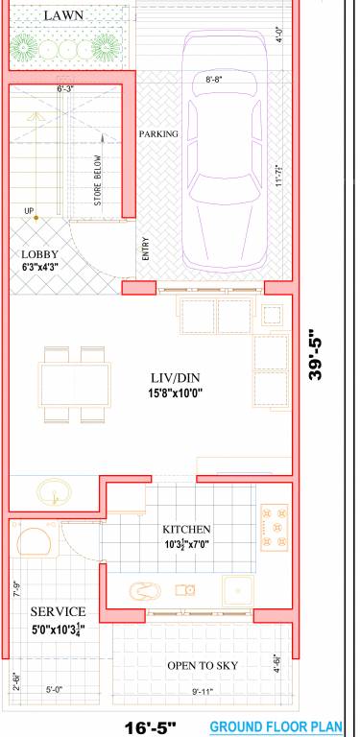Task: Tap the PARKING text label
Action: click(x=159, y=134)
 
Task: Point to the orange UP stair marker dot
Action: click(x=36, y=220)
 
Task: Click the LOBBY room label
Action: click(x=39, y=254)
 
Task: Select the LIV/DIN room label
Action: click(x=176, y=377)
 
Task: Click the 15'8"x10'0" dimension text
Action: click(x=176, y=392)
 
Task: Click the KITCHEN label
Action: click(x=186, y=529)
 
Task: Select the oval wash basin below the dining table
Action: click(x=53, y=493)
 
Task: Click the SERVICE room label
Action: click(x=58, y=611)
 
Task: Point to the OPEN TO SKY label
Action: click(x=203, y=665)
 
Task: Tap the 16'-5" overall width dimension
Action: click(x=149, y=727)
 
